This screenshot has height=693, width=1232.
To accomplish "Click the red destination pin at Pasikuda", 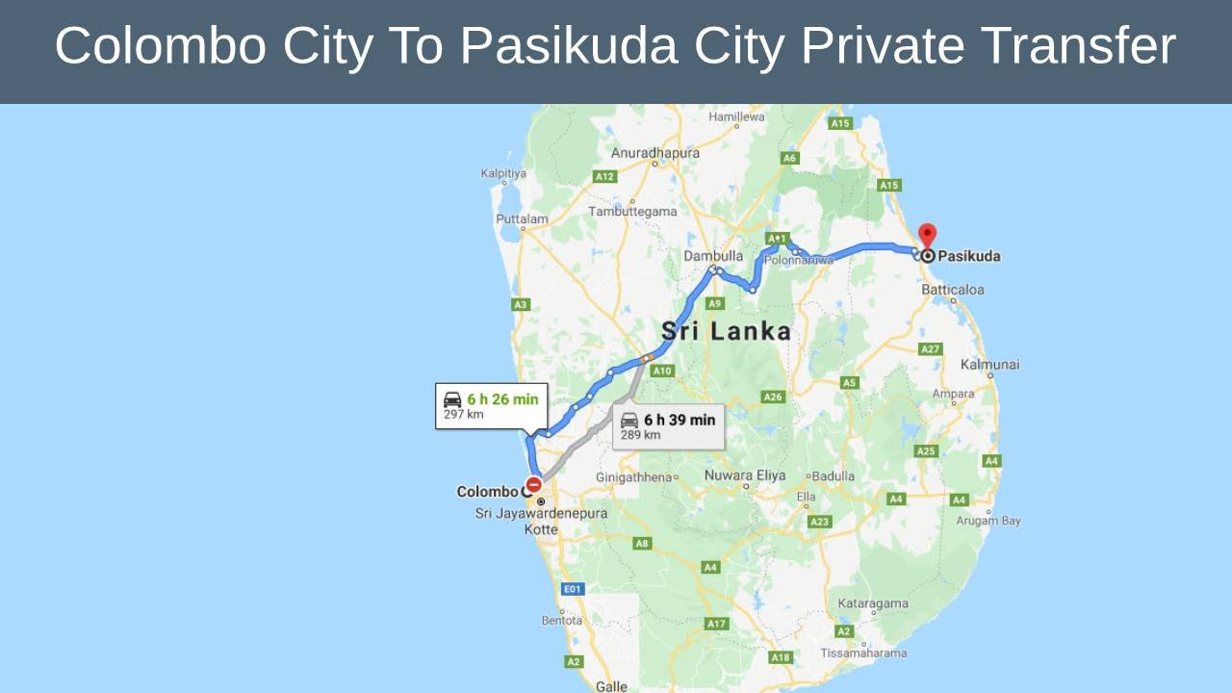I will [x=927, y=235].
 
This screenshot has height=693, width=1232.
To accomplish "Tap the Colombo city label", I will [x=487, y=492].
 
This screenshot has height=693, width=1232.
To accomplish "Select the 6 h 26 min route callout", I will [x=491, y=405].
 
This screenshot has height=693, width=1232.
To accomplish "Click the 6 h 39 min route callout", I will [x=668, y=425].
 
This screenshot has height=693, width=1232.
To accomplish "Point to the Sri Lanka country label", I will [x=726, y=332].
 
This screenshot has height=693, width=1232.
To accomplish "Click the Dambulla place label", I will [x=713, y=256].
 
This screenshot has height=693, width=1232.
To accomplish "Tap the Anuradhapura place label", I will [x=654, y=153].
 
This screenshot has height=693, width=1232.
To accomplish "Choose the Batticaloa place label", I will [x=953, y=290].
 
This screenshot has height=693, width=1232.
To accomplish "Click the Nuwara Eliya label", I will [x=745, y=475].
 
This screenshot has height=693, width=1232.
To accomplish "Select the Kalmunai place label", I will [x=989, y=365].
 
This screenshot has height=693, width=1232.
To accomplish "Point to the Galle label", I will [x=611, y=686].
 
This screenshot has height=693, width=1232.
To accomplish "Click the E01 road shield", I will [x=573, y=588].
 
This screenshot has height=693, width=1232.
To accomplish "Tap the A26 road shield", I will [x=773, y=397].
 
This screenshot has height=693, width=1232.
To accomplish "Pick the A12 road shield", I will [x=604, y=176].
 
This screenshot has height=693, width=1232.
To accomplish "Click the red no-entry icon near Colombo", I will [x=533, y=485].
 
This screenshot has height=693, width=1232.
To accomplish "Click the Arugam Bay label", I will [x=988, y=521].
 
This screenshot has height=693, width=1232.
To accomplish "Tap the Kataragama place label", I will [x=873, y=603].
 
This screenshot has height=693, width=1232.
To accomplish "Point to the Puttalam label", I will [x=522, y=218].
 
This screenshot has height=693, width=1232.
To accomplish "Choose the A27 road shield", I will [x=930, y=348].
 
